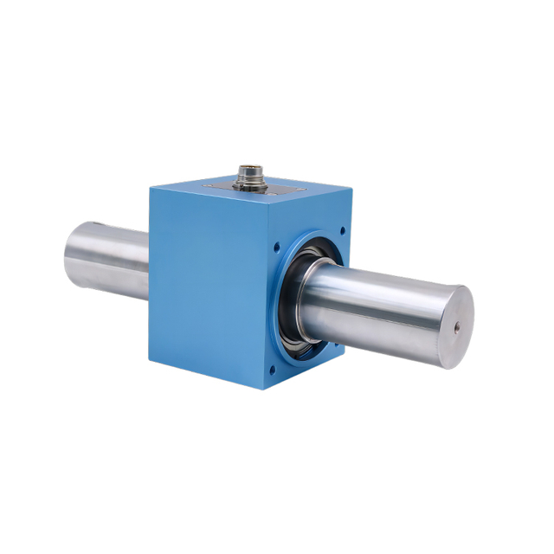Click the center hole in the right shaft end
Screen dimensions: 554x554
point(455,327)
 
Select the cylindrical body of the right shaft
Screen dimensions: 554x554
point(381,312)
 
